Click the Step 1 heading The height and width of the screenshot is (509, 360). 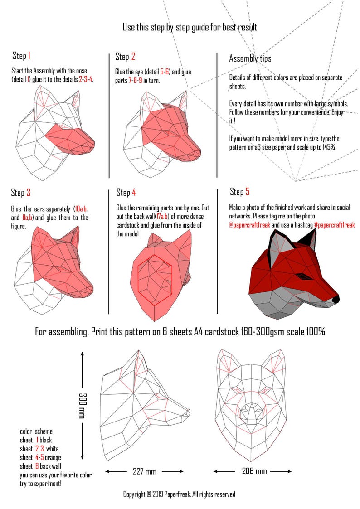pyautogui.click(x=21, y=56)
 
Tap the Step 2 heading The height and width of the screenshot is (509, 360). pyautogui.click(x=125, y=57)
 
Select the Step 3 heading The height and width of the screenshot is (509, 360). pyautogui.click(x=21, y=193)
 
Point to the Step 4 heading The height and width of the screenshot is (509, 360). pyautogui.click(x=126, y=193)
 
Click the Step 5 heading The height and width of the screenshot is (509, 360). pyautogui.click(x=239, y=192)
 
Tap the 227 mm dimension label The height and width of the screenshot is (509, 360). pyautogui.click(x=145, y=471)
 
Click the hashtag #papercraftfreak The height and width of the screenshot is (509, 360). pyautogui.click(x=334, y=225)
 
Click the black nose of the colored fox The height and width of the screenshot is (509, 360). pyautogui.click(x=335, y=299)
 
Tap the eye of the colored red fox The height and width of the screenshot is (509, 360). pyautogui.click(x=301, y=276)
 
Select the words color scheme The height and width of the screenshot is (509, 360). pyautogui.click(x=36, y=431)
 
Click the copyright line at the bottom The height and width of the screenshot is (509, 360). pyautogui.click(x=179, y=494)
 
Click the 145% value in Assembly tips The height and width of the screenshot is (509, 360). pyautogui.click(x=328, y=147)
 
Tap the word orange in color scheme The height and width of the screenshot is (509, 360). pyautogui.click(x=52, y=457)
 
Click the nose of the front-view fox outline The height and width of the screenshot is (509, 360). pyautogui.click(x=252, y=411)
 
